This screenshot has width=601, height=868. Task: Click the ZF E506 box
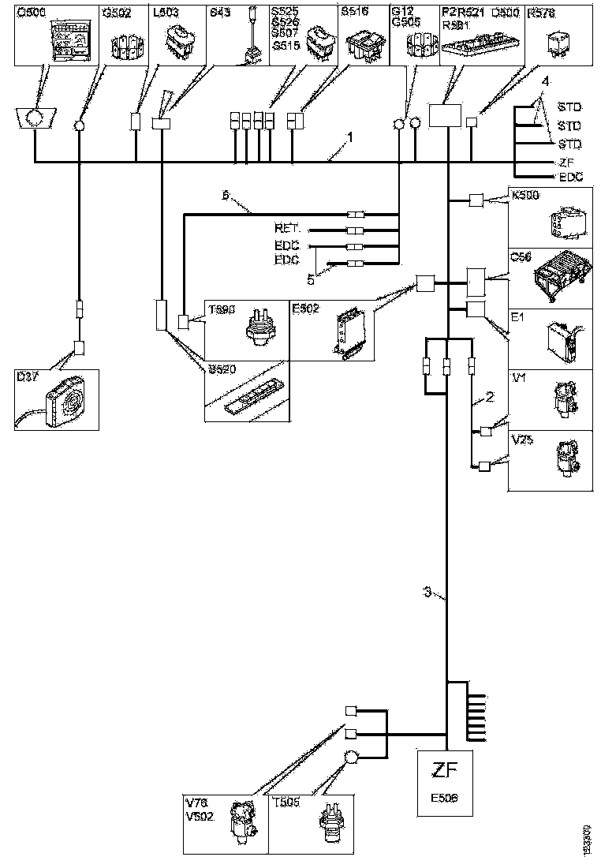pyautogui.click(x=446, y=783)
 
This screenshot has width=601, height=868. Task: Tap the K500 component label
pyautogui.click(x=524, y=195)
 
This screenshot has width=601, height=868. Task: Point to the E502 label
pyautogui.click(x=304, y=309)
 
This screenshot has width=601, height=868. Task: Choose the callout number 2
pyautogui.click(x=491, y=397)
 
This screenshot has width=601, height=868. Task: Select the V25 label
pyautogui.click(x=522, y=440)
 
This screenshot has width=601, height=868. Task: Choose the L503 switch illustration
pyautogui.click(x=177, y=41)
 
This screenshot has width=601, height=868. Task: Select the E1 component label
pyautogui.click(x=517, y=318)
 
